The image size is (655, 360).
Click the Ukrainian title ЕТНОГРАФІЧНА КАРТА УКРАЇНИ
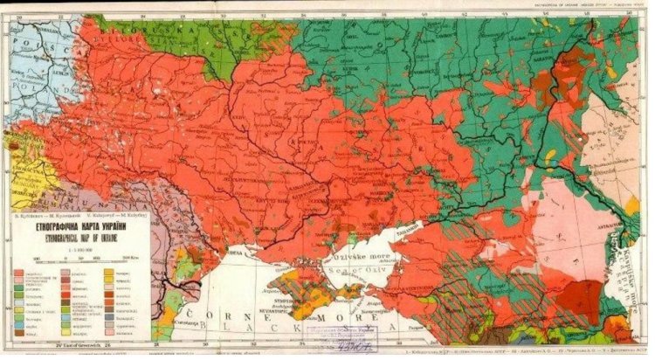(73, 223)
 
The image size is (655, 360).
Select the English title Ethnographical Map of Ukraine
(73, 234)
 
